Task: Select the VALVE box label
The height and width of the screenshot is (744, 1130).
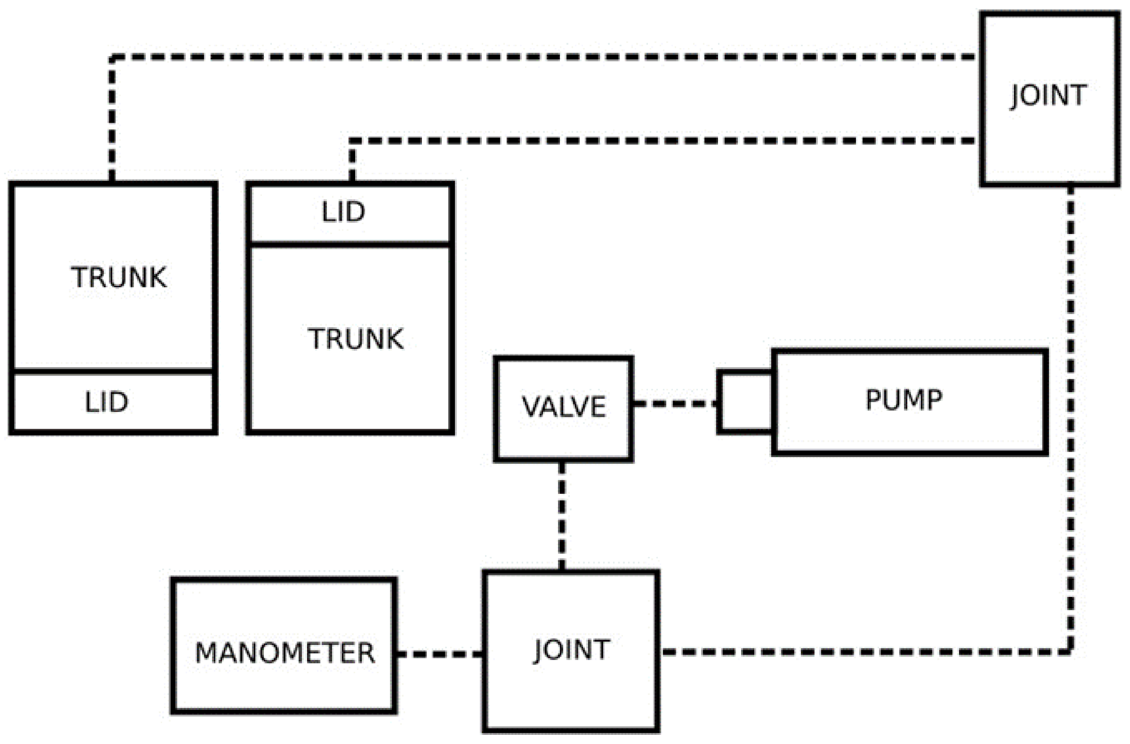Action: (564, 406)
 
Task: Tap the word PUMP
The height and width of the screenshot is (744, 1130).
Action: (904, 400)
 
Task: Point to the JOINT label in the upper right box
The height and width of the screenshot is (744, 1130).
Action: (1048, 95)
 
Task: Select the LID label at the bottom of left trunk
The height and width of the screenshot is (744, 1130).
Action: (106, 402)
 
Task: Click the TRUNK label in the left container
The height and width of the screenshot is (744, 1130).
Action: (119, 277)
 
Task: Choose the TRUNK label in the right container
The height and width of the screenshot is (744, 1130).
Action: (356, 339)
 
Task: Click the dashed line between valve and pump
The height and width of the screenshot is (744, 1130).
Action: (676, 404)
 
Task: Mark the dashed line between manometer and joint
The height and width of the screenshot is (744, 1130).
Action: (440, 654)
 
